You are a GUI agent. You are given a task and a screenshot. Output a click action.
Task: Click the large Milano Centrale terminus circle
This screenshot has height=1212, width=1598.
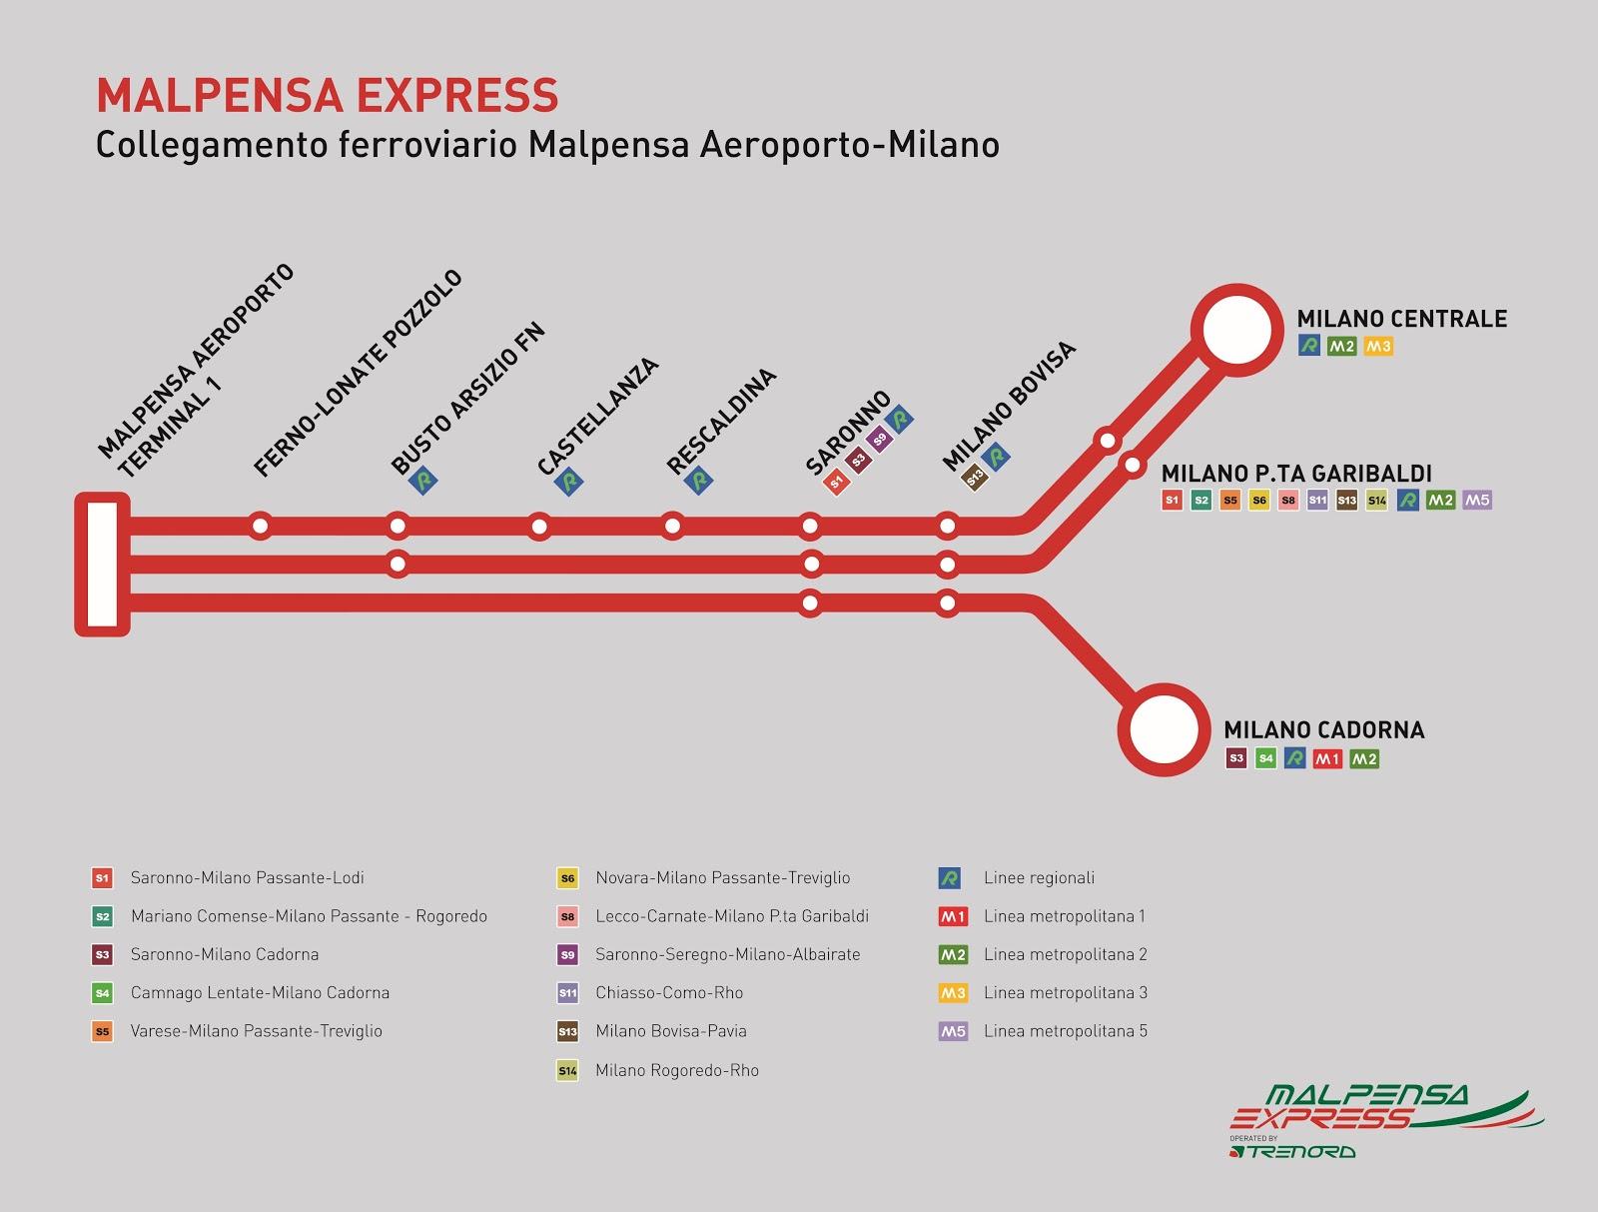pyautogui.click(x=1236, y=329)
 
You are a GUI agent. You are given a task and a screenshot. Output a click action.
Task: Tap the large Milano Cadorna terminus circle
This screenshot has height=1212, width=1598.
pyautogui.click(x=1163, y=729)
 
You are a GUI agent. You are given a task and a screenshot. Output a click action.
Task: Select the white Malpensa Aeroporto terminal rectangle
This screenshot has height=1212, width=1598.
pyautogui.click(x=102, y=565)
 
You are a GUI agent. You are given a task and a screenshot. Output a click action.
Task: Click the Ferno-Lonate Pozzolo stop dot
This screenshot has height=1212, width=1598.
pyautogui.click(x=261, y=526)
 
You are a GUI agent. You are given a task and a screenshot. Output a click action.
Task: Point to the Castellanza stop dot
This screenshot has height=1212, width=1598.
pyautogui.click(x=539, y=526)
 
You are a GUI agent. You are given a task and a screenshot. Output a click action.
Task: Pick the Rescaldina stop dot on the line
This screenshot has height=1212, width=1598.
pyautogui.click(x=673, y=526)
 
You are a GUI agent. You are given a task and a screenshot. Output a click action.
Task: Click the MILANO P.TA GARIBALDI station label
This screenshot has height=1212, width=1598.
pyautogui.click(x=1296, y=473)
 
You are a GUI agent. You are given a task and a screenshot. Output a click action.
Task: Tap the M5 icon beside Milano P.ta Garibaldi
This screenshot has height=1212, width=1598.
pyautogui.click(x=1476, y=500)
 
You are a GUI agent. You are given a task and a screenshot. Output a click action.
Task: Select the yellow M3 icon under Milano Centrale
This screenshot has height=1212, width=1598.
pyautogui.click(x=1377, y=347)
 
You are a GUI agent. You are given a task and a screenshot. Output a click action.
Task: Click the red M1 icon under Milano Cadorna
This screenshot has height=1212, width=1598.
pyautogui.click(x=1327, y=759)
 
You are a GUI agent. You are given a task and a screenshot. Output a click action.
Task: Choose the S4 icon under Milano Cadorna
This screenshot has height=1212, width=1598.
pyautogui.click(x=1265, y=758)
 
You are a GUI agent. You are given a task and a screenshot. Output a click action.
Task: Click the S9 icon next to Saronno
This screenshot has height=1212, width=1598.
pyautogui.click(x=879, y=440)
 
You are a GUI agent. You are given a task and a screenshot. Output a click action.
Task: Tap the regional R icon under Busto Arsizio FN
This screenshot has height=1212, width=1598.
pyautogui.click(x=424, y=481)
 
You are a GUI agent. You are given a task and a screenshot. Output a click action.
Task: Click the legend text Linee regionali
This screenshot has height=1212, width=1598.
pyautogui.click(x=1039, y=878)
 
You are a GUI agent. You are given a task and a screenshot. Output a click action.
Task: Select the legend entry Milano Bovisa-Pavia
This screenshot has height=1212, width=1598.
pyautogui.click(x=670, y=1031)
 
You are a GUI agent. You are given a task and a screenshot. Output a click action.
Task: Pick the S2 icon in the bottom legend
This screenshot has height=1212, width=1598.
pyautogui.click(x=101, y=916)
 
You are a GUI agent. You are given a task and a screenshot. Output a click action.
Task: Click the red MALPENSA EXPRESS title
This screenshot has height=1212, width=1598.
pyautogui.click(x=327, y=95)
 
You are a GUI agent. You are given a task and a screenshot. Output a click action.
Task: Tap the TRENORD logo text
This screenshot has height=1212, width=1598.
pyautogui.click(x=1296, y=1151)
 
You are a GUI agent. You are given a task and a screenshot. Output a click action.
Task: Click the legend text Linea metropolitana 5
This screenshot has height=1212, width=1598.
pyautogui.click(x=1065, y=1031)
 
